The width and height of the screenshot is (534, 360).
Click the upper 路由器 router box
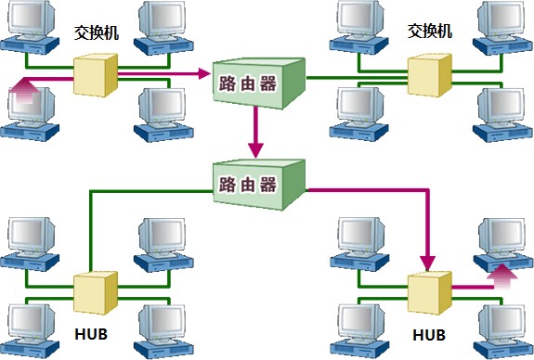coord(259,84)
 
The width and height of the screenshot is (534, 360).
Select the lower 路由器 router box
coord(259,185)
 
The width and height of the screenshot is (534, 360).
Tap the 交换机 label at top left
coord(97,32)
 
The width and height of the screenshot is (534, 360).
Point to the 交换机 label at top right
coord(430,31)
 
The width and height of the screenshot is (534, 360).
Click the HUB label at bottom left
coord(91,334)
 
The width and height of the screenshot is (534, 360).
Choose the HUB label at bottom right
coord(429,335)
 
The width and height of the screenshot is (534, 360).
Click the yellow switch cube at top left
coord(96,75)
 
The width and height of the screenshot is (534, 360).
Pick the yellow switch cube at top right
coord(430,75)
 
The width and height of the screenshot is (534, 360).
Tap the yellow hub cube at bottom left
coord(96,292)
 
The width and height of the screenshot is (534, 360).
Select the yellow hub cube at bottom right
coord(430,292)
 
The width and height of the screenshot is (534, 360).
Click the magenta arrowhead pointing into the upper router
coord(203,73)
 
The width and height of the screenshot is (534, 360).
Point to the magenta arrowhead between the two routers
coord(255,150)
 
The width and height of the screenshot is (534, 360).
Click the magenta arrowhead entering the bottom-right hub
coord(428,264)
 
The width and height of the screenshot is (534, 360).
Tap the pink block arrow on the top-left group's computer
coord(24,90)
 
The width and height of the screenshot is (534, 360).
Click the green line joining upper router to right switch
coord(357,78)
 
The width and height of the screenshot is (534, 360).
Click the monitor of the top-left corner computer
coord(32,17)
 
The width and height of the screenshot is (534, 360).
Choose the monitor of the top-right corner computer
coord(501,17)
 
